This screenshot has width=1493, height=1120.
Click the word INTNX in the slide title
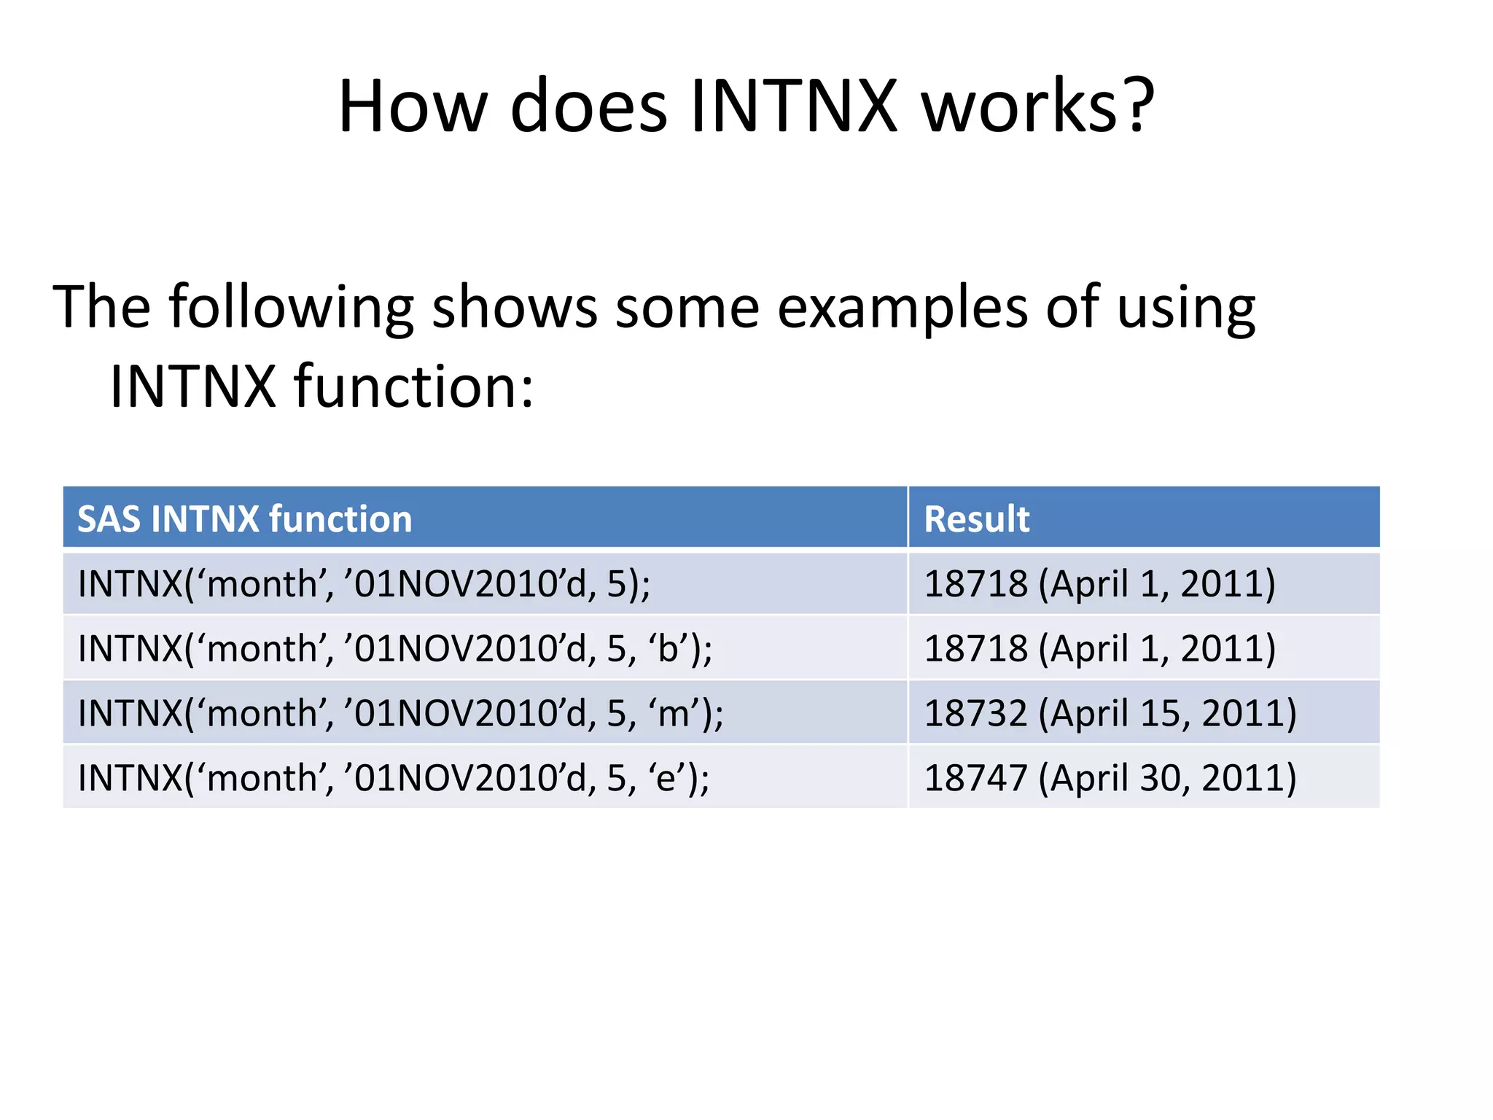[793, 106]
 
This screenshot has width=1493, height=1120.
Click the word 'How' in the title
[413, 106]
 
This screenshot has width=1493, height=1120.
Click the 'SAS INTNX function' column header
[245, 519]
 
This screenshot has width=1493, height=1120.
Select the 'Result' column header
[976, 519]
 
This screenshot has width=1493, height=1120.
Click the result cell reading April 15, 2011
[1110, 713]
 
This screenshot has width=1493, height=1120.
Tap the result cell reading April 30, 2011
[1110, 777]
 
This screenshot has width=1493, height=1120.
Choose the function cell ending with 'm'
[400, 713]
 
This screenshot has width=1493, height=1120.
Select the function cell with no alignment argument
[364, 583]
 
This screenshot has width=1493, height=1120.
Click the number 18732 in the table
[975, 713]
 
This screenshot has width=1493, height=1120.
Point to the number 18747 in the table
[975, 777]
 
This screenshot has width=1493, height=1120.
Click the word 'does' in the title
[588, 106]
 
